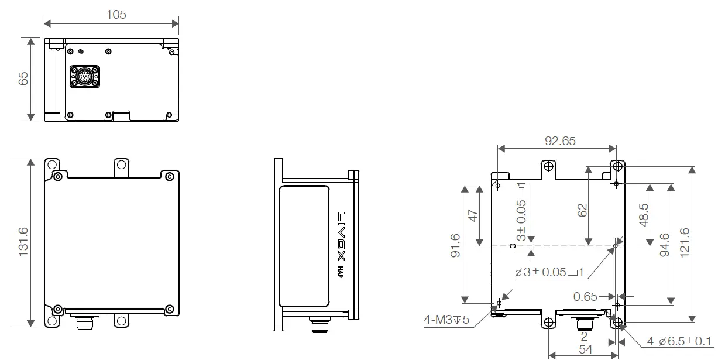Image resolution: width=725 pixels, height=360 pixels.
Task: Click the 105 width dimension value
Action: click(x=116, y=14)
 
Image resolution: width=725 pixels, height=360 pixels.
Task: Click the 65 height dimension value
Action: click(x=23, y=78)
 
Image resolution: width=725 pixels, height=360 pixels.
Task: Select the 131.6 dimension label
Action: click(x=23, y=242)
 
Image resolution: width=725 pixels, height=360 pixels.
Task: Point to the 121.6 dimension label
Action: click(x=684, y=242)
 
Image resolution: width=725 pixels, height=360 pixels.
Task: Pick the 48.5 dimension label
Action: click(x=643, y=215)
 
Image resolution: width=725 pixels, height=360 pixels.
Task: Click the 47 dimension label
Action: click(x=473, y=215)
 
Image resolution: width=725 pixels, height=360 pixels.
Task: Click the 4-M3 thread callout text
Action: click(x=447, y=320)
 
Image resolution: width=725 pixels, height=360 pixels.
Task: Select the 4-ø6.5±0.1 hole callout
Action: click(x=679, y=341)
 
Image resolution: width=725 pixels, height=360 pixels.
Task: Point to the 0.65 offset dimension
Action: click(x=585, y=297)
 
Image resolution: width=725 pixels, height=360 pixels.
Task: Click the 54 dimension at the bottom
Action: click(x=585, y=349)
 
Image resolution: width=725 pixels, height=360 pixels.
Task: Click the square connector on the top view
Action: click(x=81, y=77)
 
